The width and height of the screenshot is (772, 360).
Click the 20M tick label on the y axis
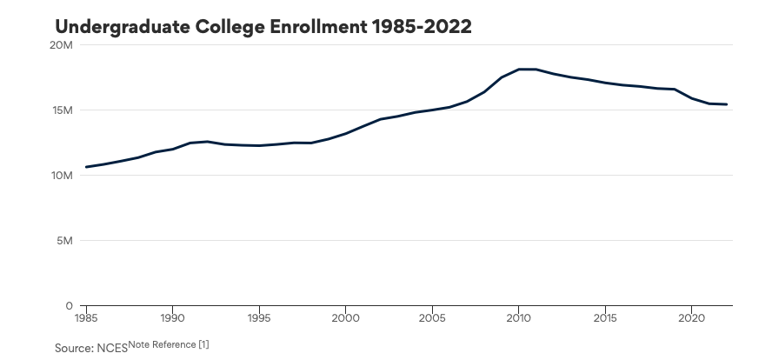click(62, 45)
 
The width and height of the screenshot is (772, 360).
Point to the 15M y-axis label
click(62, 110)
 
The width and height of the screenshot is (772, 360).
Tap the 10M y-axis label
click(62, 176)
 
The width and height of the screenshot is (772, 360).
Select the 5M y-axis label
click(64, 241)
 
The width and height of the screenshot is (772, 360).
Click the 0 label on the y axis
click(70, 306)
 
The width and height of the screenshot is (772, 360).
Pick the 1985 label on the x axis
click(86, 317)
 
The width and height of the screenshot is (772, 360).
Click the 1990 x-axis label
click(172, 317)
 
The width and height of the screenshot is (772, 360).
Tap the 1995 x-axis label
click(259, 317)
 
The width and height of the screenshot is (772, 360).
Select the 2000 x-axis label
click(346, 317)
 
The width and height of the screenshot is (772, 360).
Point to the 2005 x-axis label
click(432, 317)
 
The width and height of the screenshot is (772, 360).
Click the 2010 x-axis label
click(518, 317)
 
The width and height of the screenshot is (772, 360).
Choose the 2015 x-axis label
click(605, 317)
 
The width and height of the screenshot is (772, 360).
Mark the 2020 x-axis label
click(692, 317)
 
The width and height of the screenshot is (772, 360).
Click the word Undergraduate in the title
click(122, 28)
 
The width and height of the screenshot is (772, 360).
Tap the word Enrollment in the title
click(317, 27)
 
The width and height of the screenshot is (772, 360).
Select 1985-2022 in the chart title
click(422, 27)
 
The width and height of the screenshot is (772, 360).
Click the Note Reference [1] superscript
click(169, 344)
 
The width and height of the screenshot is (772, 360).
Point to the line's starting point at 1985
click(86, 167)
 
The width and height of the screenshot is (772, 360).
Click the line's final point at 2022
click(726, 104)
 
